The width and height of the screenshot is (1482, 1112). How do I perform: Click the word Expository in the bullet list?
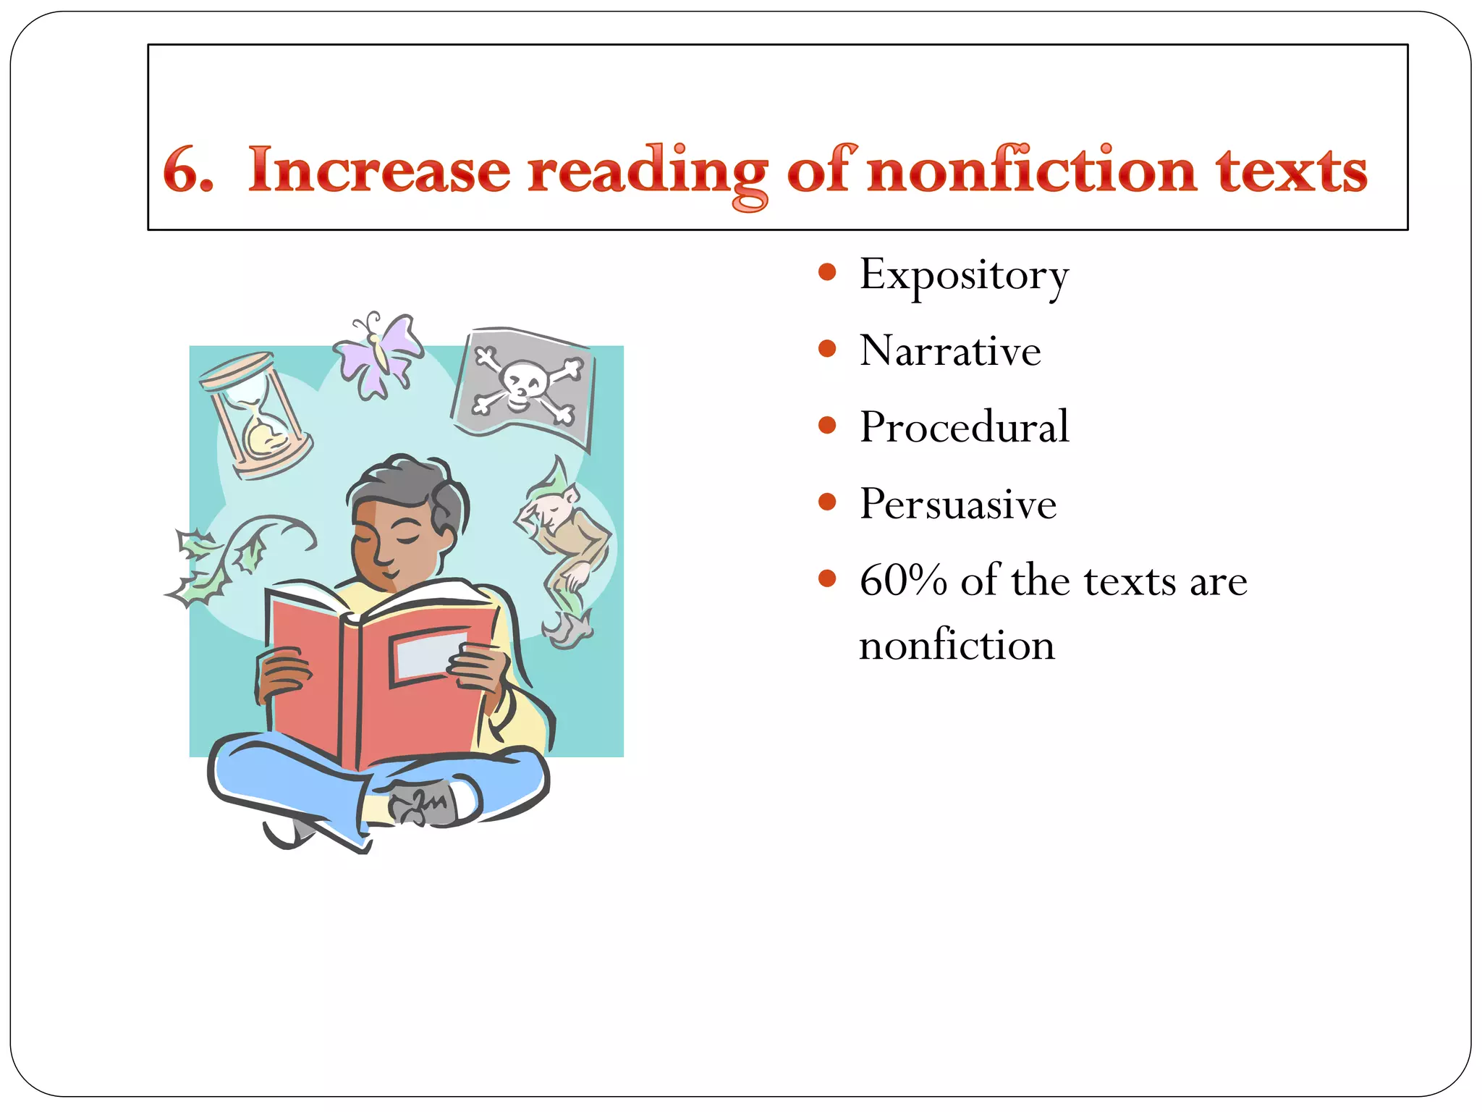963,276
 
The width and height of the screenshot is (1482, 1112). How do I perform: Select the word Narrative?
949,351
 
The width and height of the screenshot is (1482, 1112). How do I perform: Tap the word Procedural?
964,427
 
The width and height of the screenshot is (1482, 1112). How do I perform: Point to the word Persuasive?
957,504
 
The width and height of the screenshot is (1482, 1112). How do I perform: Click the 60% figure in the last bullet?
903,581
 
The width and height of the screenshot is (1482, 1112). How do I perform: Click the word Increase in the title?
378,171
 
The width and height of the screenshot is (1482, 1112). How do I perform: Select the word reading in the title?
646,174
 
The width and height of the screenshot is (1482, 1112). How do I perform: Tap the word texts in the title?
1292,171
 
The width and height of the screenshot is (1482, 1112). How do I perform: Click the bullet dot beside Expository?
827,273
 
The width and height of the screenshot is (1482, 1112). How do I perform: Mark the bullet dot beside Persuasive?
827,502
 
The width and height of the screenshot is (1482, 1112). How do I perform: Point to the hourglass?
256,415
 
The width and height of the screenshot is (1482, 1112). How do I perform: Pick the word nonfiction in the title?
1031,171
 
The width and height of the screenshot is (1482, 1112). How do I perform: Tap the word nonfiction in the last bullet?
956,645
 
